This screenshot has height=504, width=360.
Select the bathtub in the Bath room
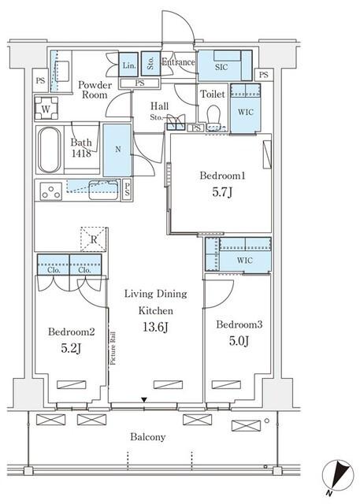tap(49, 150)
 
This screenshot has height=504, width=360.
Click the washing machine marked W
tap(46, 109)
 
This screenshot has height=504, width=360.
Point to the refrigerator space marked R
tap(94, 239)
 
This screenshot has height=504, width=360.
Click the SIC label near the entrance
tap(221, 67)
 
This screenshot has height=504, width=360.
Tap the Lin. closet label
tap(129, 65)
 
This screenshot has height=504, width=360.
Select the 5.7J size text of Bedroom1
tap(222, 192)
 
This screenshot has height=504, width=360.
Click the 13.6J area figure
tap(155, 328)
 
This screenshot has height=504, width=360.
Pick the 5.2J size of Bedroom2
tap(71, 348)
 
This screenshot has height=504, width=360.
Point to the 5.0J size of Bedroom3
tap(239, 341)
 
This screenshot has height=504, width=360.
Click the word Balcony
tap(148, 437)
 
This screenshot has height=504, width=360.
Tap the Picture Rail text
tap(113, 348)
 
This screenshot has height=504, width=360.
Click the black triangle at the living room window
tap(144, 400)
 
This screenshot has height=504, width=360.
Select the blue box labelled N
tap(117, 150)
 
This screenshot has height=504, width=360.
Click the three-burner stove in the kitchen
tap(50, 191)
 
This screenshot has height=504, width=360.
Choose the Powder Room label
tap(95, 90)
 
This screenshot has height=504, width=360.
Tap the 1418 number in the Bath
tap(81, 154)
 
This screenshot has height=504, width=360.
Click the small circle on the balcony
tap(267, 421)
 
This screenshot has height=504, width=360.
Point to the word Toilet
tap(213, 94)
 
